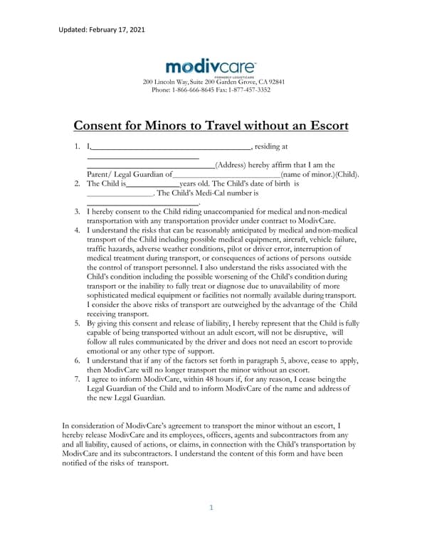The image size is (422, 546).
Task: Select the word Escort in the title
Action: coord(324,127)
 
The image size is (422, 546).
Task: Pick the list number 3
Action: coord(77,212)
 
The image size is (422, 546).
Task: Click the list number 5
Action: coord(77,323)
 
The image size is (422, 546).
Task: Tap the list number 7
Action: coord(77,380)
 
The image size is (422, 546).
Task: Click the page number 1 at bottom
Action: coord(211,508)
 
